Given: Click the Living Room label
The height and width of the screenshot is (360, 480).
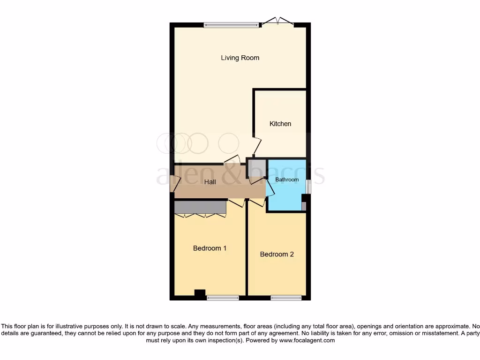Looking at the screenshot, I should point(240,58).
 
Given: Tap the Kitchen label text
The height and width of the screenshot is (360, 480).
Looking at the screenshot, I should point(280,124).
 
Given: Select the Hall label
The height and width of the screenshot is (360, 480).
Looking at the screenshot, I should point(210,182).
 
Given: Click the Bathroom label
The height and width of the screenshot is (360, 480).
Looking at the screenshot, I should point(287,180).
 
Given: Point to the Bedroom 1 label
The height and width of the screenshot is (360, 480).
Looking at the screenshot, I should point(210,248).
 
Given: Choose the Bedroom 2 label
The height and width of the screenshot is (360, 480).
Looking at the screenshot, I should point(277,254).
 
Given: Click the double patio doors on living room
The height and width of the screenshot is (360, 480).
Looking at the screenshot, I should point(277,22).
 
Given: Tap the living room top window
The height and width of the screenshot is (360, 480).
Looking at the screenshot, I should point(232,25).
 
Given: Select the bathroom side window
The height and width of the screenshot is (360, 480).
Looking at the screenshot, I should point(308,187).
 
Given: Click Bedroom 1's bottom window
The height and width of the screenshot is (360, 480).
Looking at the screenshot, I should point(223,297).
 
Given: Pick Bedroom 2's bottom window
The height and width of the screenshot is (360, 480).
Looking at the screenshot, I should point(286,297).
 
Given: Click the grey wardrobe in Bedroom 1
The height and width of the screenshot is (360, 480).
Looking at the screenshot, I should point(200,207).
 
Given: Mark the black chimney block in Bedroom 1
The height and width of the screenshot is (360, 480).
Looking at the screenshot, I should point(200,294).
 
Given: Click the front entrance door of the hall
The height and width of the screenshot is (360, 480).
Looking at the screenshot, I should point(175,184).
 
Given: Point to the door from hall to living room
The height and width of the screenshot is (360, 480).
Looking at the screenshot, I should point(232,159).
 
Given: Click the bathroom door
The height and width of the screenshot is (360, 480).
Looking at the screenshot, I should point(270,188).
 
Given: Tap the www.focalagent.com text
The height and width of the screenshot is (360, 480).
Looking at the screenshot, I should point(307,340).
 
